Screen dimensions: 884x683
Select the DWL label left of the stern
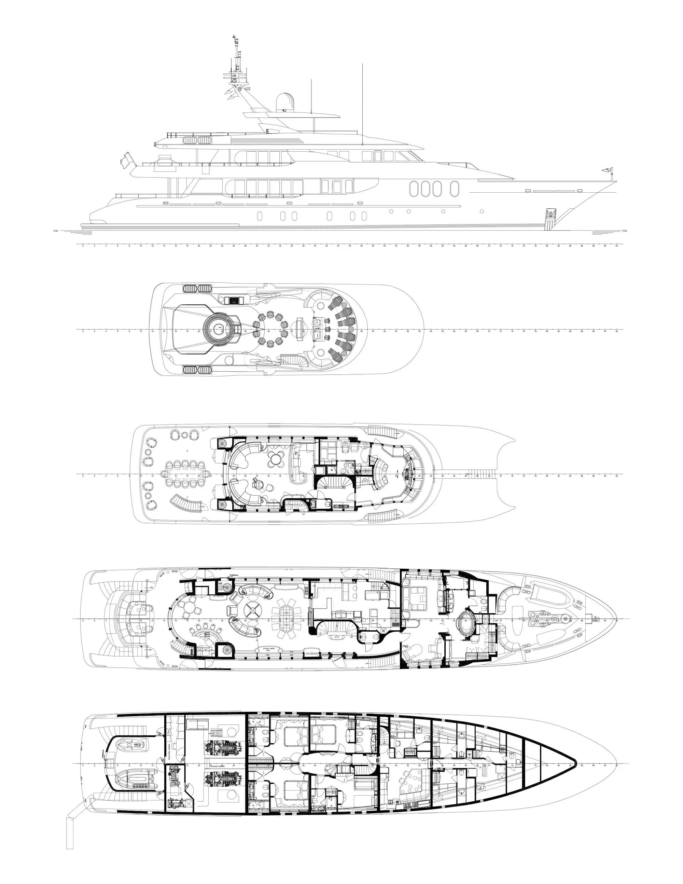click(56, 231)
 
